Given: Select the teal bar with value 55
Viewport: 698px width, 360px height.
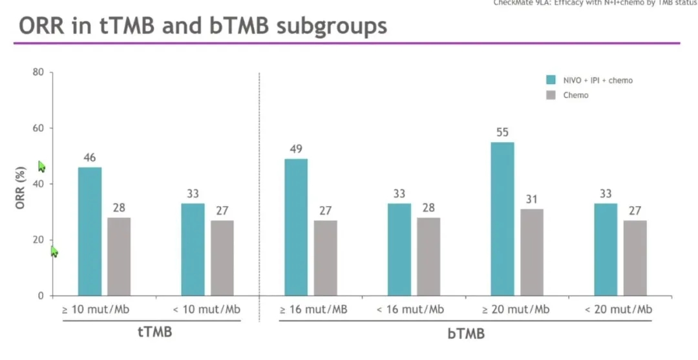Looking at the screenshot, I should (x=502, y=219).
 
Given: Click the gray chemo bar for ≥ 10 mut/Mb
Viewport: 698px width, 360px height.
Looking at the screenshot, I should (x=119, y=257).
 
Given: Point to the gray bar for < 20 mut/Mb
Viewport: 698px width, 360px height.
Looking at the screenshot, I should (x=635, y=258).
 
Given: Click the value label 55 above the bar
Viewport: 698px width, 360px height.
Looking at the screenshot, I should (x=503, y=132).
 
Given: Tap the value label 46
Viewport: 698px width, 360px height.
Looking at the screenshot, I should (x=90, y=158).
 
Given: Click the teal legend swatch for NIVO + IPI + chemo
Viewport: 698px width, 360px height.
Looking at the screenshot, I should (x=551, y=80).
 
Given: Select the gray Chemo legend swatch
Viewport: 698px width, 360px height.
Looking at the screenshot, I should (x=551, y=95).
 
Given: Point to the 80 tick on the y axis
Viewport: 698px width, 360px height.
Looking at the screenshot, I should (x=38, y=72).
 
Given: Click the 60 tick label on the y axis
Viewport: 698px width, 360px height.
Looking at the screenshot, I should (x=38, y=128).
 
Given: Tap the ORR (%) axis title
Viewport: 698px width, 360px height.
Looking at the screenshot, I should (x=21, y=187).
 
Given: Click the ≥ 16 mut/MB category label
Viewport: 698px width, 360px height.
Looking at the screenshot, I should (x=313, y=310).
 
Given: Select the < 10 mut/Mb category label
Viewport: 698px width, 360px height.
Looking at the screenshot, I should (x=207, y=310).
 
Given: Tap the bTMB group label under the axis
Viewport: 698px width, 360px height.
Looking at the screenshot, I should (x=465, y=334).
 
